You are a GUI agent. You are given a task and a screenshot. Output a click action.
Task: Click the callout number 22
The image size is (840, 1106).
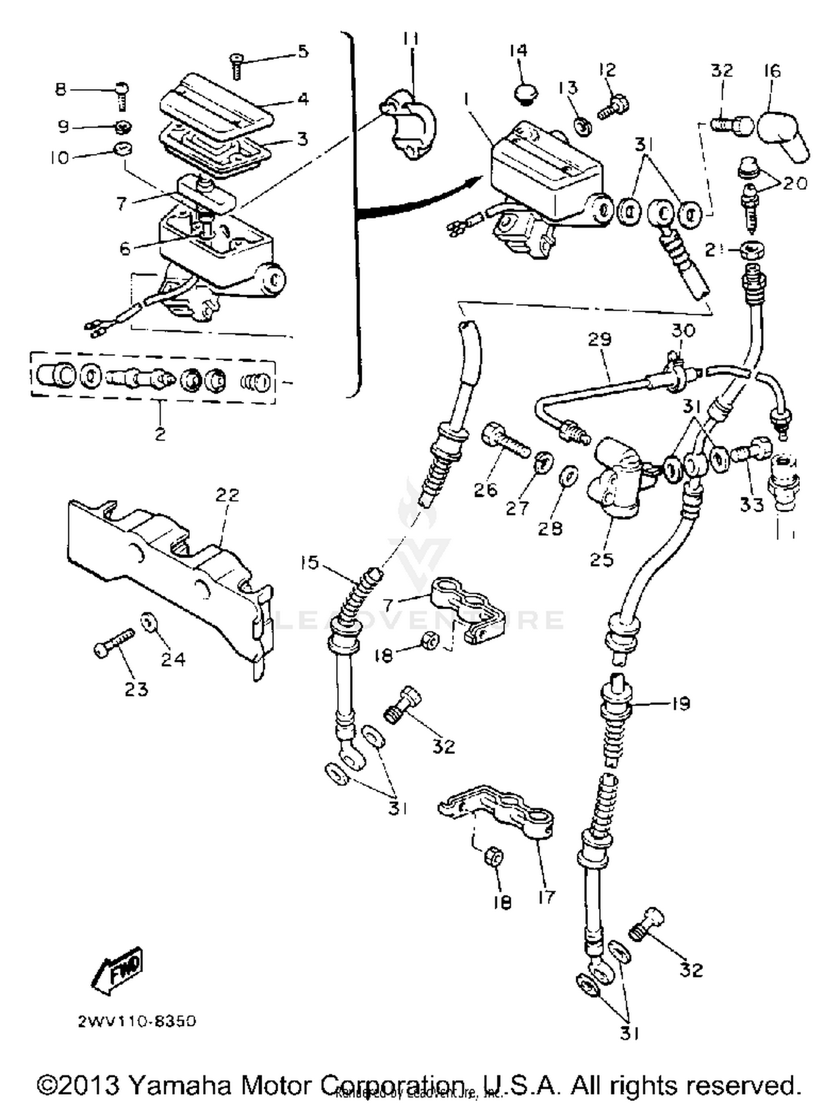click(227, 494)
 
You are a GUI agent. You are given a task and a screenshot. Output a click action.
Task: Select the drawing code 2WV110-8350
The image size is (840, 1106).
click(137, 1021)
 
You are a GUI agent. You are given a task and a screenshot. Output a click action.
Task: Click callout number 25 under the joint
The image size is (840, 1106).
click(601, 559)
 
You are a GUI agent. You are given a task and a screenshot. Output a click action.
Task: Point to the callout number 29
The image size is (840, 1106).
click(600, 339)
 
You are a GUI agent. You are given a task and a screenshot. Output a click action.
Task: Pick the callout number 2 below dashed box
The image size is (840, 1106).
click(160, 433)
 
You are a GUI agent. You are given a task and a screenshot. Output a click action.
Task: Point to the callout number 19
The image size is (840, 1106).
click(680, 703)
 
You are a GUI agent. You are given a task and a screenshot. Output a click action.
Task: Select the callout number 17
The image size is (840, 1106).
click(545, 897)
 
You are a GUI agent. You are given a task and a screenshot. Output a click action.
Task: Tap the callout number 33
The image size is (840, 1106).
click(751, 504)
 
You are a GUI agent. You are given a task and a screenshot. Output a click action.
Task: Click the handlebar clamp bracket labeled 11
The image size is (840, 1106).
click(412, 126)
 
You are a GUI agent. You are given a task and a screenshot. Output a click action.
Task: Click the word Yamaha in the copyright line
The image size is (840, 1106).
click(180, 1085)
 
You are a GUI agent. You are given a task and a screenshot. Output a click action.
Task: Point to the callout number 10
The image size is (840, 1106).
click(59, 158)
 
